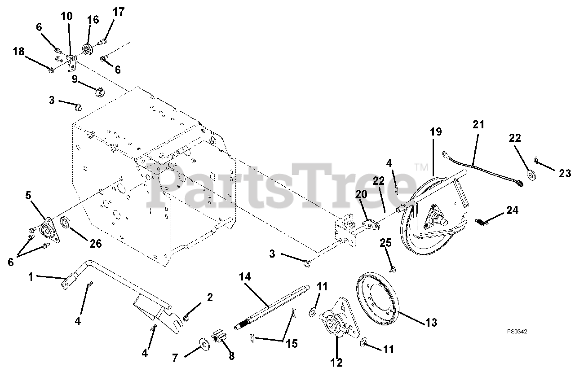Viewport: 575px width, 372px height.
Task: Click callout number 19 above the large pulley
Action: click(435, 132)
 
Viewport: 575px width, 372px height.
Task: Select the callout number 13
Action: click(430, 322)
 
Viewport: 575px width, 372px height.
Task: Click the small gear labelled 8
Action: click(221, 337)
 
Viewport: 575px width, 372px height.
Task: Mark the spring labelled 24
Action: click(481, 220)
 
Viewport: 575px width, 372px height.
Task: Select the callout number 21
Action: click(478, 125)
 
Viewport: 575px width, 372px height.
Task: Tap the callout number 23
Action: click(565, 173)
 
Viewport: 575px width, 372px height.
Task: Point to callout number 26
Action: click(95, 244)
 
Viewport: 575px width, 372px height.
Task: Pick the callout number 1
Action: click(31, 277)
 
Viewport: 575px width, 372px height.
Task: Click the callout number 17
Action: click(118, 12)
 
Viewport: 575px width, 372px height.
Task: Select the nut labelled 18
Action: click(51, 70)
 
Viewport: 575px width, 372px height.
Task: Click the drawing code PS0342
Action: click(517, 332)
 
